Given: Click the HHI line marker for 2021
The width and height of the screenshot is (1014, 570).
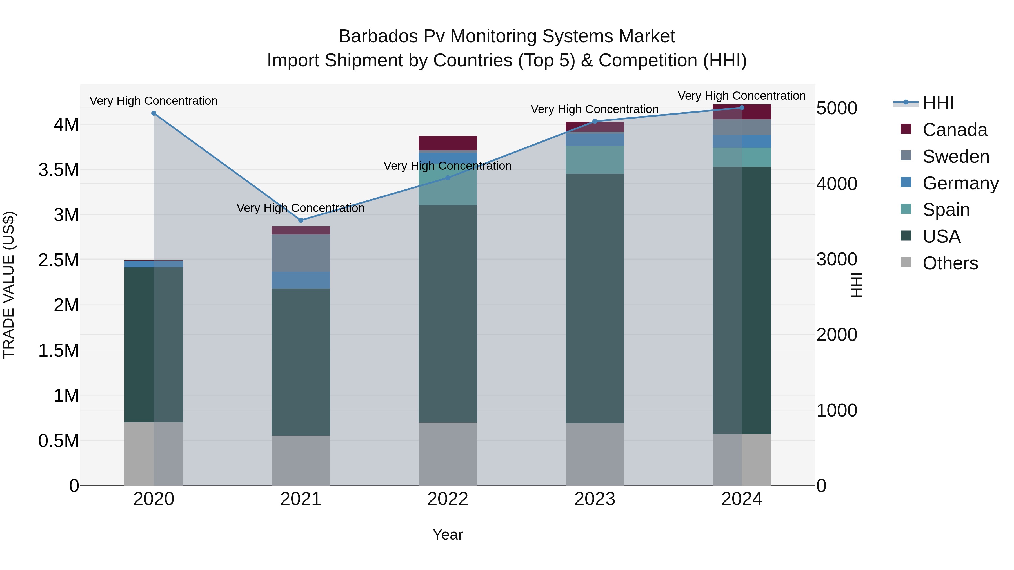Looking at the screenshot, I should tap(301, 220).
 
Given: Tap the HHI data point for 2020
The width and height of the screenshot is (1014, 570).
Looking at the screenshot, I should tap(154, 113).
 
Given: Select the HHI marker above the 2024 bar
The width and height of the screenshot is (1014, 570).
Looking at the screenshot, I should tap(742, 108).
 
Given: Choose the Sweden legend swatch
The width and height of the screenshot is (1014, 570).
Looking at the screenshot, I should tap(906, 155).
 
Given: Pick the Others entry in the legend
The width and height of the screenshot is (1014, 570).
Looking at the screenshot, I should tap(949, 263).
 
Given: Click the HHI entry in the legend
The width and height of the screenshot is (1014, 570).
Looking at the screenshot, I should tap(938, 103).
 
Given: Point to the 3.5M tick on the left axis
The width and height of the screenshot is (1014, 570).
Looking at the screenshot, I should tap(59, 170).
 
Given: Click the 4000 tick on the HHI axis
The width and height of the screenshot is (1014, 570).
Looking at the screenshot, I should tap(837, 184).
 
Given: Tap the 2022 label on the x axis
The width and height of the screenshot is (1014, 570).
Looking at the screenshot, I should tap(448, 499).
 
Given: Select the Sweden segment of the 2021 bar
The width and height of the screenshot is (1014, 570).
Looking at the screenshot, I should tap(301, 253).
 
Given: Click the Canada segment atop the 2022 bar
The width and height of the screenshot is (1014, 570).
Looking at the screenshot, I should tap(448, 143).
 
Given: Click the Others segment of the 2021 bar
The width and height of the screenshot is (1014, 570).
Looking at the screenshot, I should tap(301, 460).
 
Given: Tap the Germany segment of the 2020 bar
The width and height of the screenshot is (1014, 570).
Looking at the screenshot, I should tap(154, 264).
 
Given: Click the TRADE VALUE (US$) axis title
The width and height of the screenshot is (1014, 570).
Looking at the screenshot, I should tap(9, 285).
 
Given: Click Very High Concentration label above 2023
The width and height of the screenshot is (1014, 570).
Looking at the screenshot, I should tap(594, 109).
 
